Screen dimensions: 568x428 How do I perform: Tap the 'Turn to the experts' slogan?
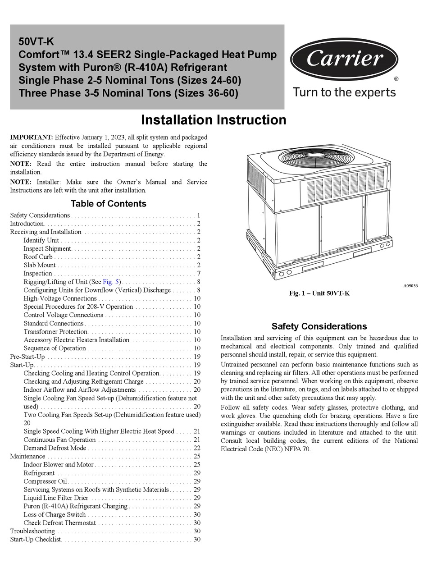click(344, 92)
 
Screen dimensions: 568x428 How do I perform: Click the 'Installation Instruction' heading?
click(214, 120)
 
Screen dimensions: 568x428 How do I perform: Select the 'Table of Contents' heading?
click(109, 204)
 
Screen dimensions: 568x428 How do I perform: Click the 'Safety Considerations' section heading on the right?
click(319, 326)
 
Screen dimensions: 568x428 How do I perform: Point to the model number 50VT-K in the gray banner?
click(36, 42)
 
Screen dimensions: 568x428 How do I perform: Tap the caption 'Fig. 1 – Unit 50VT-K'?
click(319, 293)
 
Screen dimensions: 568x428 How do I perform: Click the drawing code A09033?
click(410, 286)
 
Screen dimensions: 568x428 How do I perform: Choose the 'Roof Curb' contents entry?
click(38, 257)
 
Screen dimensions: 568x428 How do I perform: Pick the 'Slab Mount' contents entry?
click(40, 265)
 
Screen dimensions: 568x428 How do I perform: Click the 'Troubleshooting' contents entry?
click(32, 531)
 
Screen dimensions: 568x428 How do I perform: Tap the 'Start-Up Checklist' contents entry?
click(36, 540)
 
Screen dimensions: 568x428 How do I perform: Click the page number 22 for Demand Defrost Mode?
click(197, 448)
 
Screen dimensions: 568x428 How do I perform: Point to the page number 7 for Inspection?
click(198, 274)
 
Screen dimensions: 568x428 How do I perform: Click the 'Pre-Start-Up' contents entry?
click(27, 357)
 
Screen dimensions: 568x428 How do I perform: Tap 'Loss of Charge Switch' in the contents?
click(55, 515)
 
